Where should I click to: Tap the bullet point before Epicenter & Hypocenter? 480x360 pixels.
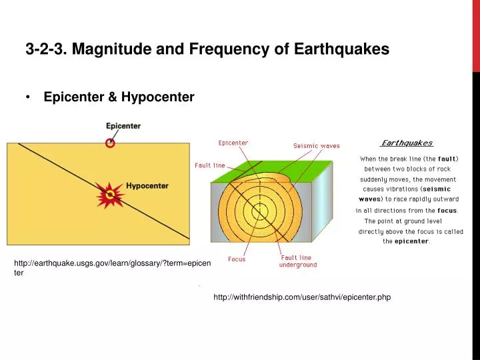29,97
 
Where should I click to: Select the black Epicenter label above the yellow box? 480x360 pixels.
123,125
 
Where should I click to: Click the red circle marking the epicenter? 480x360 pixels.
111,142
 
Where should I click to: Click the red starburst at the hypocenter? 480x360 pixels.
109,195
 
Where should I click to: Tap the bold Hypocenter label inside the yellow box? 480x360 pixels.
147,186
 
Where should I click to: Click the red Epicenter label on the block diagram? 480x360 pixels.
233,143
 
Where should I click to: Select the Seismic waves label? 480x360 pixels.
316,146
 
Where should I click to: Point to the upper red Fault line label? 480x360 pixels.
210,165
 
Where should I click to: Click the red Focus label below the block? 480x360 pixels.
237,259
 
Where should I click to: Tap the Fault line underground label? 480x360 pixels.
297,261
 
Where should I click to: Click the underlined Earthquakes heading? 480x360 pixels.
407,143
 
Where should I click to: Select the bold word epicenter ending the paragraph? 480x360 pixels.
411,241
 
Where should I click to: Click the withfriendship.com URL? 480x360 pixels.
301,297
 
